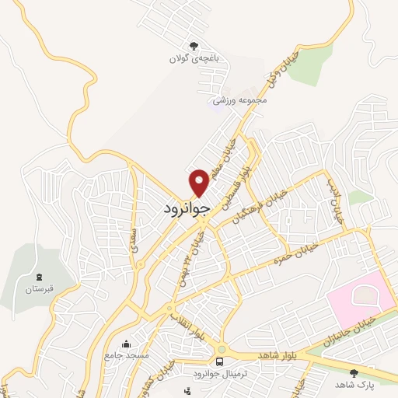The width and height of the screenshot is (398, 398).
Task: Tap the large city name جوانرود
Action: pos(187,209)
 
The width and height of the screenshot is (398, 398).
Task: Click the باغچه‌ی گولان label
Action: pos(193,58)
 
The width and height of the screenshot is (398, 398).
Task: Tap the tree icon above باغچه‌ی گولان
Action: pos(193,46)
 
